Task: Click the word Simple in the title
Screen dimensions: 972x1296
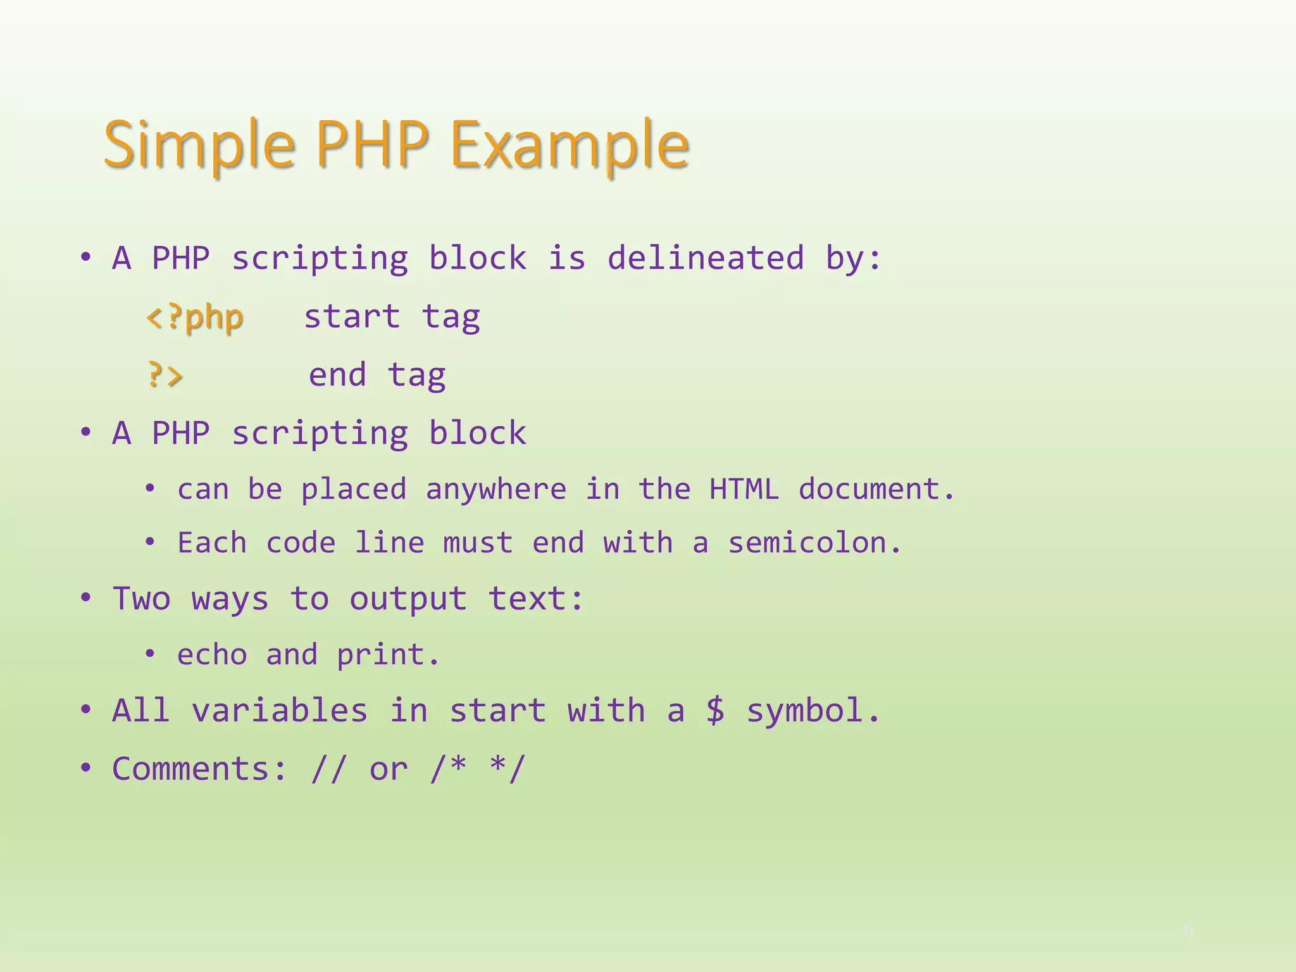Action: coord(199,146)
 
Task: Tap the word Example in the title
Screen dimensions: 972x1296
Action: coord(570,146)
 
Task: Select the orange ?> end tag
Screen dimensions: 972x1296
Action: coord(165,375)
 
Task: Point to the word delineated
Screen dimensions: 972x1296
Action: coord(706,258)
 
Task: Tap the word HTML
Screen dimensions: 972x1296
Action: coord(744,489)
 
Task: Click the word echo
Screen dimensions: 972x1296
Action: coord(212,654)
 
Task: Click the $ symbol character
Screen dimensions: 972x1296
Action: coord(715,710)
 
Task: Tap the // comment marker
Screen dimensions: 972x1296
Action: coord(329,769)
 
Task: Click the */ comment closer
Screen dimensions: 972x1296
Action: coord(508,769)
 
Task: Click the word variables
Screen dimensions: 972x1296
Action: coord(280,710)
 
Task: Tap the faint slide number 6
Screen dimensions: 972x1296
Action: coord(1188,929)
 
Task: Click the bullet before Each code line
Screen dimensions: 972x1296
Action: coord(150,542)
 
